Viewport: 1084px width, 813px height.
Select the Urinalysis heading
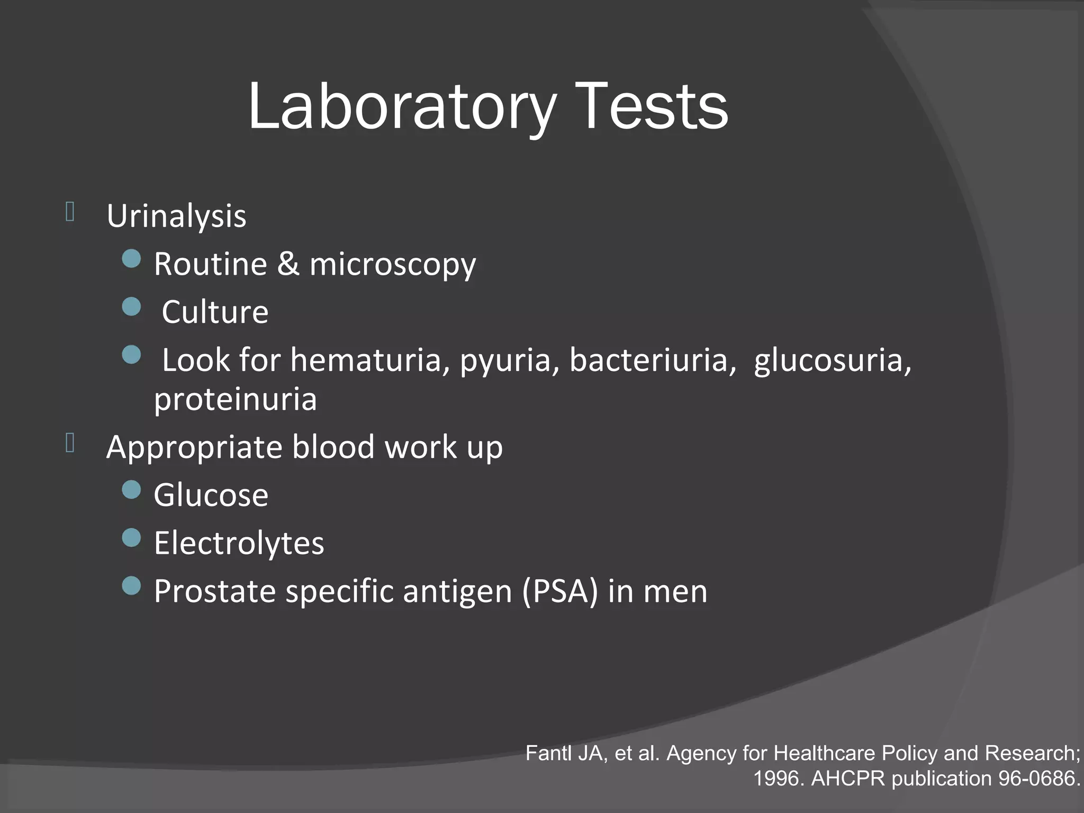(x=176, y=216)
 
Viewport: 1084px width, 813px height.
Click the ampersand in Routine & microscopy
(x=288, y=264)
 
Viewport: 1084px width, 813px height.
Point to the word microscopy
(x=393, y=265)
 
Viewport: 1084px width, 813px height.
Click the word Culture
(x=215, y=312)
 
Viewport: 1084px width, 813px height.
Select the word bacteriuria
(x=653, y=360)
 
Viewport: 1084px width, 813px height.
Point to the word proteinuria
(x=235, y=399)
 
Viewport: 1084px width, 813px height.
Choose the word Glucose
(x=211, y=495)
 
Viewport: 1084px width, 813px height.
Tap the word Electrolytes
(x=239, y=544)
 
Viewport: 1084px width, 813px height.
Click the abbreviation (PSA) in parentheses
(x=560, y=591)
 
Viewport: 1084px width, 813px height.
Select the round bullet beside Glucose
(x=131, y=490)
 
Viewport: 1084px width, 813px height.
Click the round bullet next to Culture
(x=131, y=306)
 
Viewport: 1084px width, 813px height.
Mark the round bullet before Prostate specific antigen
(x=131, y=586)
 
